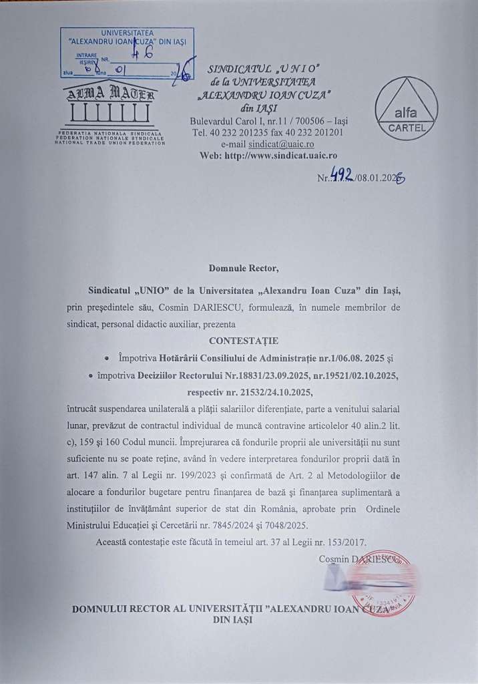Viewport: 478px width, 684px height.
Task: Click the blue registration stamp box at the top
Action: (x=127, y=53)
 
